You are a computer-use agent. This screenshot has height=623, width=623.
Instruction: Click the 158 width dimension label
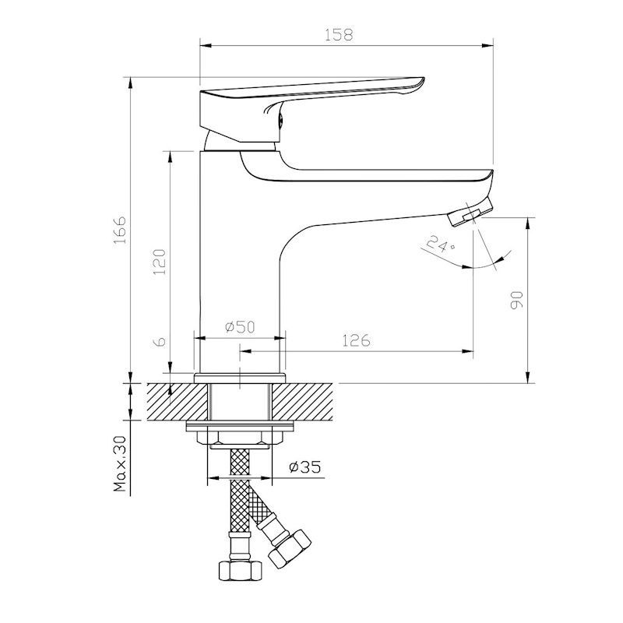339,34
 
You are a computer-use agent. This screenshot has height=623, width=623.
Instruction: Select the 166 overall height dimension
120,230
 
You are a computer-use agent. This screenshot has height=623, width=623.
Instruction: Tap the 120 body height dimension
160,262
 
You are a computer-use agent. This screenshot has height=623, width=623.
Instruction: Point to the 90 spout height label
516,300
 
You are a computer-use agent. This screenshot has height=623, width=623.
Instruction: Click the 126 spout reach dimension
356,340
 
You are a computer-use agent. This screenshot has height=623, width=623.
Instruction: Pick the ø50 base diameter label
240,326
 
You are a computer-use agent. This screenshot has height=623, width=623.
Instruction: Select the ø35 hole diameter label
305,466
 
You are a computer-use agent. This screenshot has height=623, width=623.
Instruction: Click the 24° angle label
440,244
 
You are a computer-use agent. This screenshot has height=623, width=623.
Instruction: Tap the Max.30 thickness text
120,463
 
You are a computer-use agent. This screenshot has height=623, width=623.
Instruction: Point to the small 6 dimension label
160,342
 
